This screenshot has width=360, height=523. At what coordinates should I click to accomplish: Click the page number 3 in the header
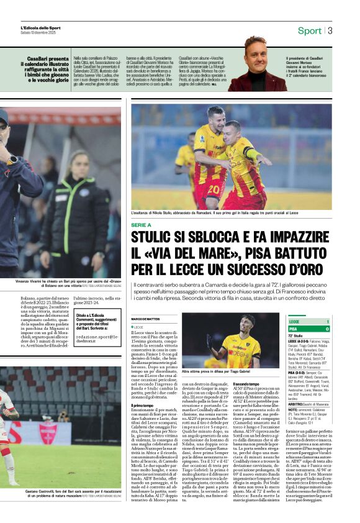(330, 30)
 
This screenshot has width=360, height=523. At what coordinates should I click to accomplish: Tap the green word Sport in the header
(309, 30)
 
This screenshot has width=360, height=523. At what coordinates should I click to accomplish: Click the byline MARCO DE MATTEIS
(145, 319)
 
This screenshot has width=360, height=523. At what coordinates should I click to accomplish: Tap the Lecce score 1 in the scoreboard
(327, 321)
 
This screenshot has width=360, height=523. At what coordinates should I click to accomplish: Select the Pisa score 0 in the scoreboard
(327, 329)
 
